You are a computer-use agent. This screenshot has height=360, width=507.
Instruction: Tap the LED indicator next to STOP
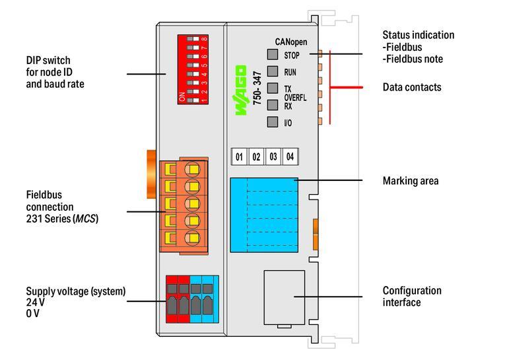[272, 55]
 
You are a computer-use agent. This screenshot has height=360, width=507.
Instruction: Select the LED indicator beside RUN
[272, 72]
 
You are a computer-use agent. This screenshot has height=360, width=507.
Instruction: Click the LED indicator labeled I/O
[272, 122]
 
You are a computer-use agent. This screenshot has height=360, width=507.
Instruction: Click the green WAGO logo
[241, 91]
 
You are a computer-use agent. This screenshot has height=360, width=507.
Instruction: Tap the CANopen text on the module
[290, 42]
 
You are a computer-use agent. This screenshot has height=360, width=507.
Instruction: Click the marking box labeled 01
[239, 157]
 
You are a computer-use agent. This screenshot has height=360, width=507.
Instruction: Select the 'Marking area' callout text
[410, 180]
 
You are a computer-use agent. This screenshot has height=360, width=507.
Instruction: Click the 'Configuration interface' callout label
[412, 297]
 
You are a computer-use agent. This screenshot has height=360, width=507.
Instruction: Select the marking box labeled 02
[255, 157]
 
